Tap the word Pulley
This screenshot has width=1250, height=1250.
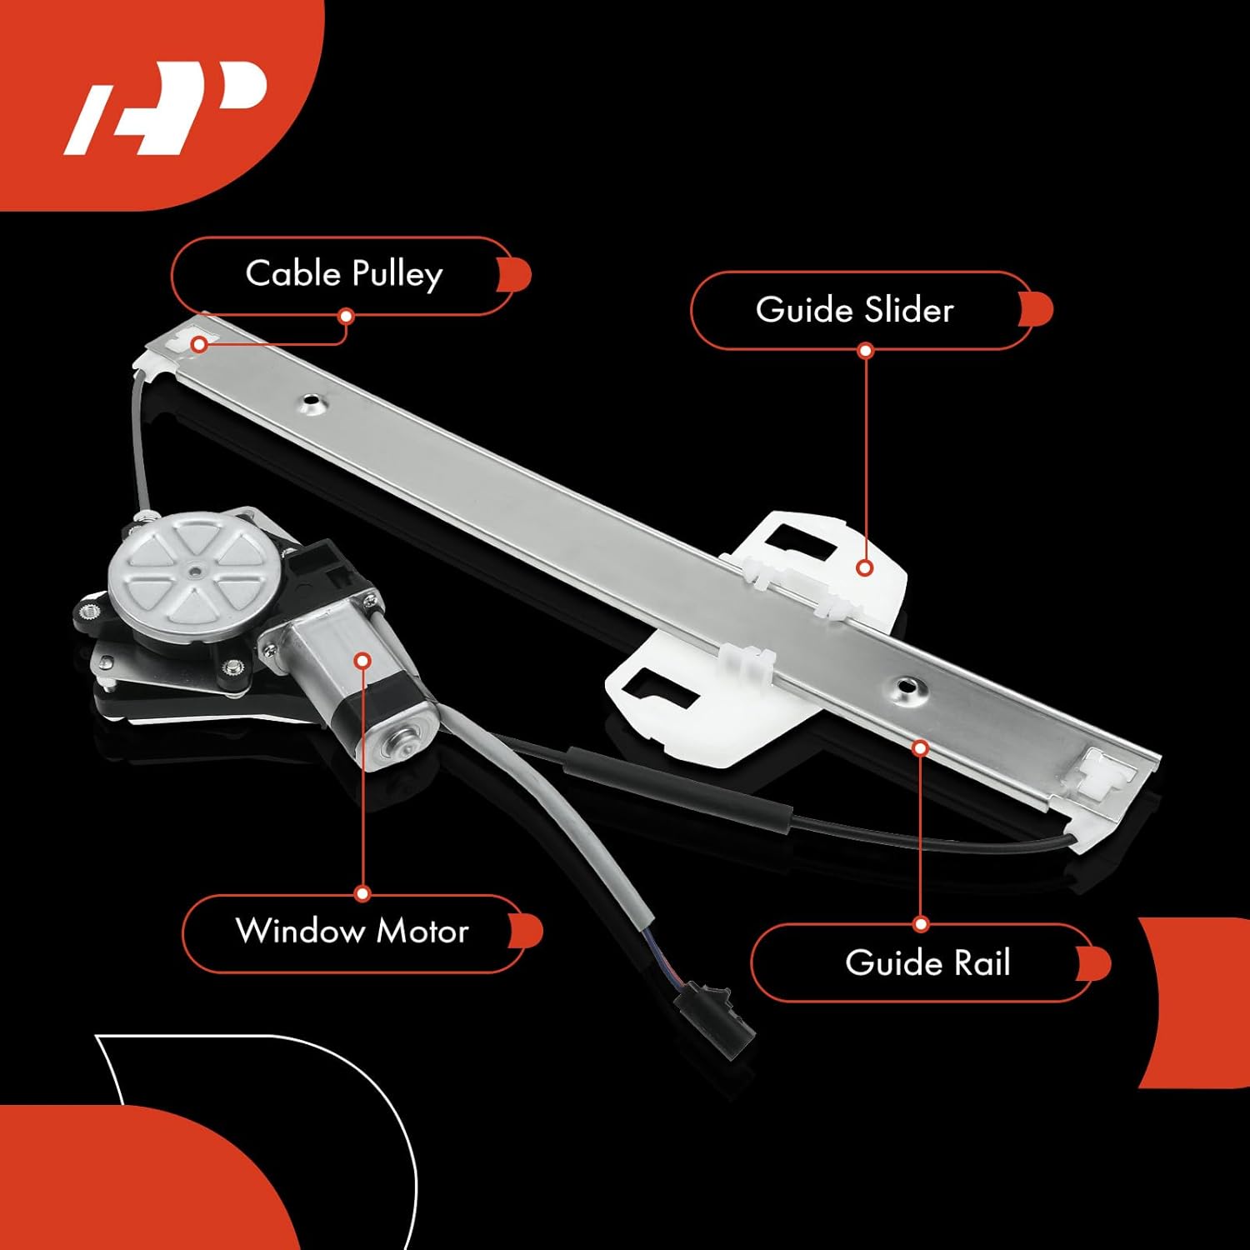[397, 275]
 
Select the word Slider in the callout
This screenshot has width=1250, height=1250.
[908, 310]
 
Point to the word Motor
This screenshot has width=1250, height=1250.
[422, 931]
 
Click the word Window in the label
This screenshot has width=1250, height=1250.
[300, 931]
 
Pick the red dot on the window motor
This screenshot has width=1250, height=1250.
[362, 661]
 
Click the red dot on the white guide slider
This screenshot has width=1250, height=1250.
[865, 568]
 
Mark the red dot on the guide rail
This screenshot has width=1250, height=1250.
[921, 748]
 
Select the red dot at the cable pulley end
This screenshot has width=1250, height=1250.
[200, 344]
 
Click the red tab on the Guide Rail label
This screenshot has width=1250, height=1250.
[1095, 964]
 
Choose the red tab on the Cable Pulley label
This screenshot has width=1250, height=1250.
[515, 274]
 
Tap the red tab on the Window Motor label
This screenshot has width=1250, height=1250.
[527, 931]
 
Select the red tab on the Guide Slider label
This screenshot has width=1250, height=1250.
[1037, 310]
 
